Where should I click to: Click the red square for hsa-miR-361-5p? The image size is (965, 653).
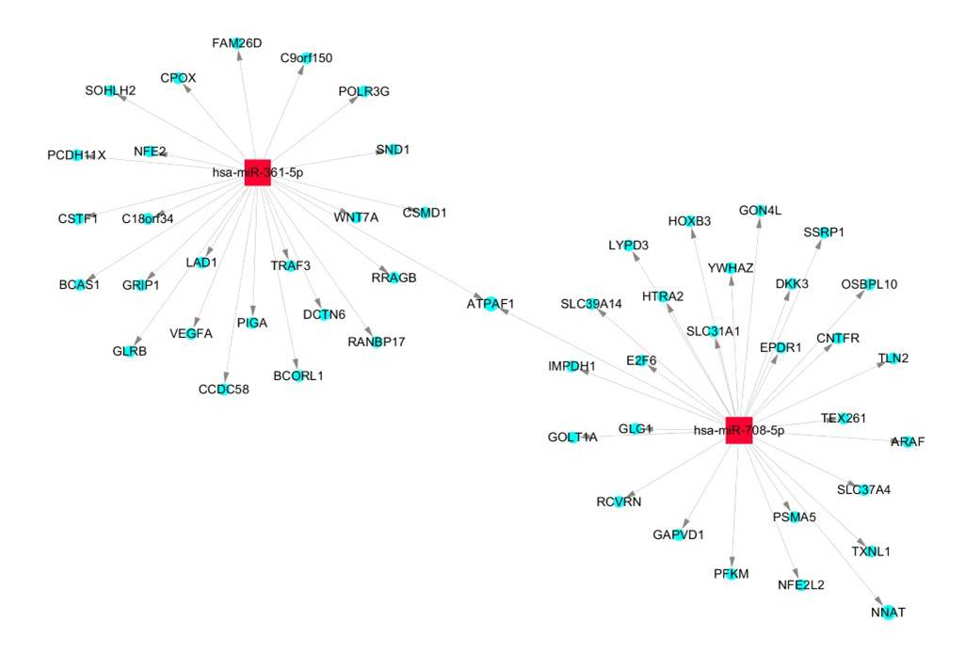pos(257,172)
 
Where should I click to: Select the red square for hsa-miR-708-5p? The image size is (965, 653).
pos(739,430)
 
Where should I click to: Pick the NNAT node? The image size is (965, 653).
pos(887,612)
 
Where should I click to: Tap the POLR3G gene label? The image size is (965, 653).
pos(363,91)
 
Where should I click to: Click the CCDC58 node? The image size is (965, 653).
pos(224,390)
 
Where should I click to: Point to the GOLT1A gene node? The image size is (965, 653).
pos(572,437)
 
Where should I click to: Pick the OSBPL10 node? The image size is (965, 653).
pos(868,284)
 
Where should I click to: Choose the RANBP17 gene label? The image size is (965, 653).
pos(376,342)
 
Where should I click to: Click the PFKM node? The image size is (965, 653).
pos(731,573)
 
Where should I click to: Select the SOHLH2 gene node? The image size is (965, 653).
pos(111,90)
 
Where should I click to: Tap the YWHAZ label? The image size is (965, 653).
pos(731,268)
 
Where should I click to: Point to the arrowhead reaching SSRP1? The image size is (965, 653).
pos(818,244)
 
